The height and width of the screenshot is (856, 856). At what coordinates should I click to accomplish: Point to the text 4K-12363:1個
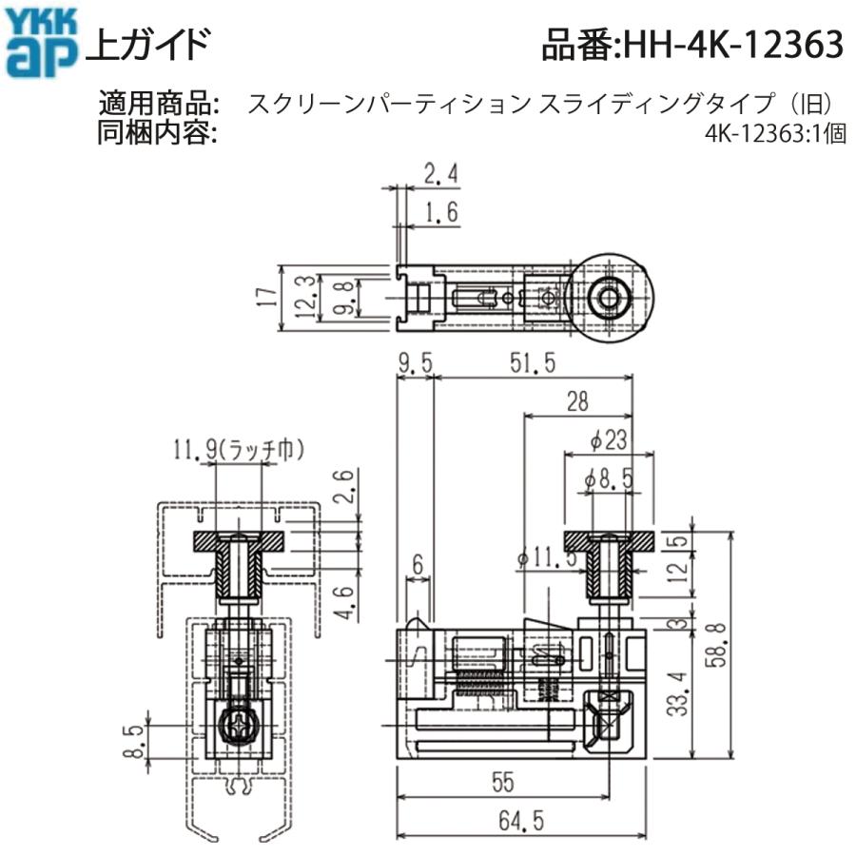point(775,135)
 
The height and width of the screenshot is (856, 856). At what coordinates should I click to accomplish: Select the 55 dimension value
point(503,782)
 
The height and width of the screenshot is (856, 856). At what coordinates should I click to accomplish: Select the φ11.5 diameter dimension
point(549,558)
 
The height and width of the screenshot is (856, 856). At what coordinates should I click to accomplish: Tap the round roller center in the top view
point(607,299)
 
